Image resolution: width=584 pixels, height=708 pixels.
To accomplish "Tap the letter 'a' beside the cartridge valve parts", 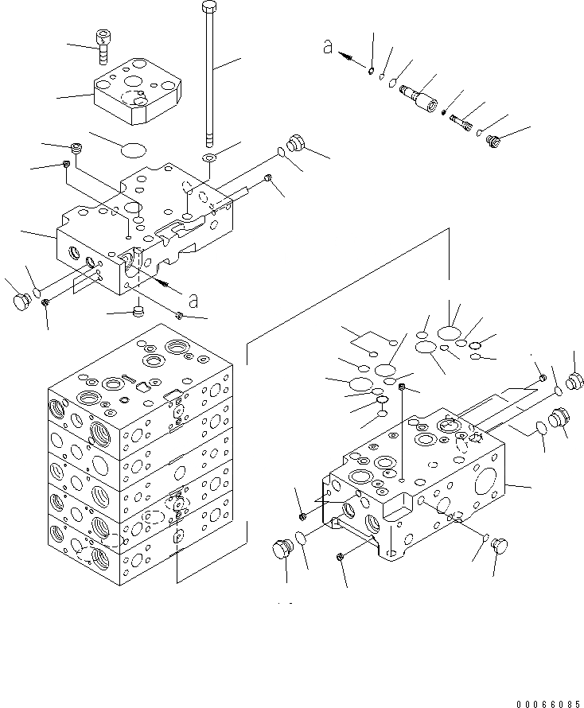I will tap(327, 48).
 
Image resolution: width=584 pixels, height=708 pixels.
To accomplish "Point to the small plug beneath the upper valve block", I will tap(138, 309).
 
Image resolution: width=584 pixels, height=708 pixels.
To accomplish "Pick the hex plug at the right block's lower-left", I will tap(281, 550).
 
